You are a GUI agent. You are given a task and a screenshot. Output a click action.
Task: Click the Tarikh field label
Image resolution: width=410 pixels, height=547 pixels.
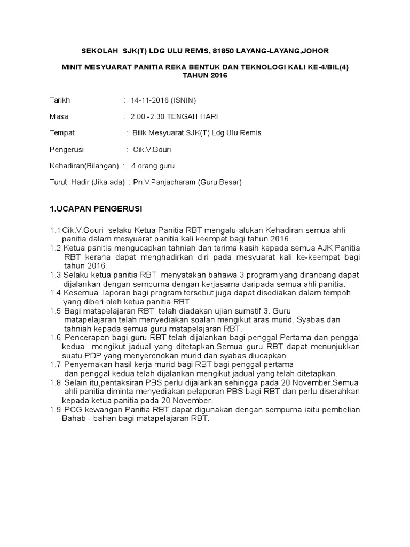pyautogui.click(x=60, y=100)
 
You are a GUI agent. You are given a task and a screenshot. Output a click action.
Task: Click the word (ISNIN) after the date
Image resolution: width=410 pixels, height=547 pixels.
pyautogui.click(x=186, y=100)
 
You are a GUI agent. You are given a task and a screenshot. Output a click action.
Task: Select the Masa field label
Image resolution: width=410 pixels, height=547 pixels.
pyautogui.click(x=59, y=116)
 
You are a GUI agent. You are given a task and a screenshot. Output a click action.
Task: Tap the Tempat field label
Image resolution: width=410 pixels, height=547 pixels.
pyautogui.click(x=62, y=133)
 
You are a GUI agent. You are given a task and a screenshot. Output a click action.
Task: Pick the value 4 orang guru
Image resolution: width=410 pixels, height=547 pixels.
pyautogui.click(x=156, y=166)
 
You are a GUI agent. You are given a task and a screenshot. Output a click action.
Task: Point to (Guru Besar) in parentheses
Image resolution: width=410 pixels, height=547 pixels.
pyautogui.click(x=220, y=182)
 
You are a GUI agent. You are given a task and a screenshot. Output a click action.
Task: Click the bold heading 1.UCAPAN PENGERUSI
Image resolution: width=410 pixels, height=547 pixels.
pyautogui.click(x=97, y=207)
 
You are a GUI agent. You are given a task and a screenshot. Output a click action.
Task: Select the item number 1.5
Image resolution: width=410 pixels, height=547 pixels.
pyautogui.click(x=55, y=311)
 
